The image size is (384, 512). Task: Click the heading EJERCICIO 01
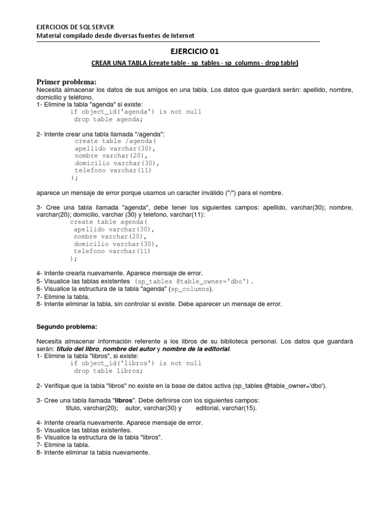(195, 50)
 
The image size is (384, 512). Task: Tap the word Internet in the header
(181, 35)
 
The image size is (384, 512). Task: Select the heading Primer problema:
(66, 81)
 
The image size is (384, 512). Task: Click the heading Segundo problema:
(67, 326)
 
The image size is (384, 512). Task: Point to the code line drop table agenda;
(108, 119)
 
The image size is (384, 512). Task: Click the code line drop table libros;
(108, 371)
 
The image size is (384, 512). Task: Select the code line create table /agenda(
(115, 141)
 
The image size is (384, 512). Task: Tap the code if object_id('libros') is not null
(135, 363)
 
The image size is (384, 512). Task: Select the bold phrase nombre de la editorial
(196, 348)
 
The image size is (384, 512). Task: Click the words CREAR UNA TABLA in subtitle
(118, 63)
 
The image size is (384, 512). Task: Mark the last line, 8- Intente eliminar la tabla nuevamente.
(93, 452)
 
